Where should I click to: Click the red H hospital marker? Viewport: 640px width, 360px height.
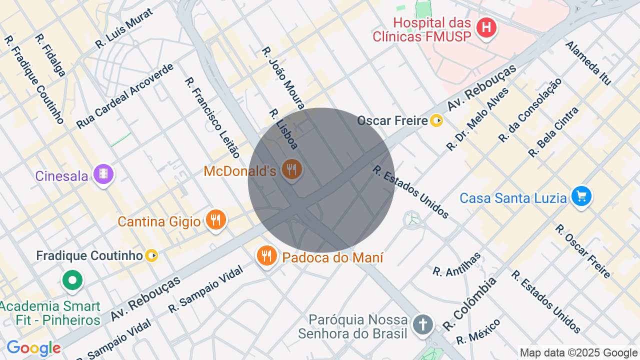pos(486,28)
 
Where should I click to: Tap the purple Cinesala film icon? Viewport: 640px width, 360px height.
pos(103,174)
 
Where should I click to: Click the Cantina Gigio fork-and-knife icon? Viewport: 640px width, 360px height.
pos(216,219)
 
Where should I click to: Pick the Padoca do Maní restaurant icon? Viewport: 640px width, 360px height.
pos(267,255)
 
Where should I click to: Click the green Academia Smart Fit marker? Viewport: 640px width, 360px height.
pos(72,280)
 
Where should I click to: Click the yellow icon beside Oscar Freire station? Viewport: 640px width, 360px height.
pos(436,120)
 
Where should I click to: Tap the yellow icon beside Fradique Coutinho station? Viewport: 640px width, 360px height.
pos(151,256)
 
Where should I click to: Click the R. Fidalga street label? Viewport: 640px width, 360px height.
pos(50,55)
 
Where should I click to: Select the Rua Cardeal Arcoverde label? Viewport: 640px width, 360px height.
pos(125,96)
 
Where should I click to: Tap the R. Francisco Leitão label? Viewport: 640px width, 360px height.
pos(212,117)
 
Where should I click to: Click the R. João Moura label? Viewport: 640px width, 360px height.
pos(283,78)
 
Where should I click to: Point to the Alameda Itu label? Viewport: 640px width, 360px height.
pos(588,63)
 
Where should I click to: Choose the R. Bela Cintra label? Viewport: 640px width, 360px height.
pos(553,132)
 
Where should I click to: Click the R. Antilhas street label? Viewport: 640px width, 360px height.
pos(456,264)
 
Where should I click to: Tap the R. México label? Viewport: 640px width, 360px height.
pos(478,331)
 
